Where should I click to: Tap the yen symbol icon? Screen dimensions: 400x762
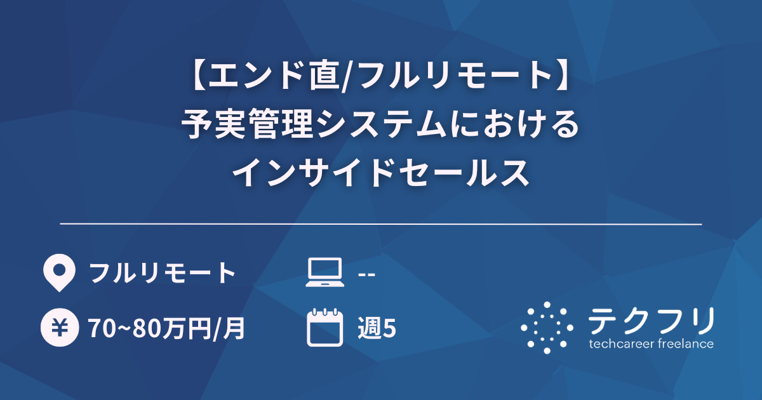coord(59,328)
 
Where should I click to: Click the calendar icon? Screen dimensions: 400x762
coord(324,328)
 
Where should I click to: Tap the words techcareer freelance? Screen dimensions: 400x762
coord(651,344)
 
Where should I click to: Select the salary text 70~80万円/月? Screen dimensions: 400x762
coord(166,328)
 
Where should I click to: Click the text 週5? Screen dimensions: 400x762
coord(377,328)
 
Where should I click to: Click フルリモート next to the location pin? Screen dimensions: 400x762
coord(163,274)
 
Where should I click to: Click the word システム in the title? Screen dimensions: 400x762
coord(377,124)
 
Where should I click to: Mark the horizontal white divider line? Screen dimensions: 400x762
coord(381,224)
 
